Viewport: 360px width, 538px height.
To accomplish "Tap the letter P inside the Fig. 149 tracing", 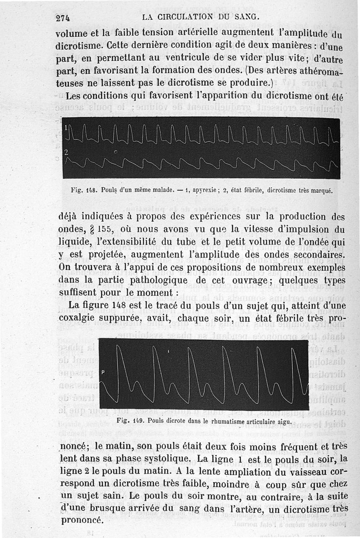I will (x=103, y=372).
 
